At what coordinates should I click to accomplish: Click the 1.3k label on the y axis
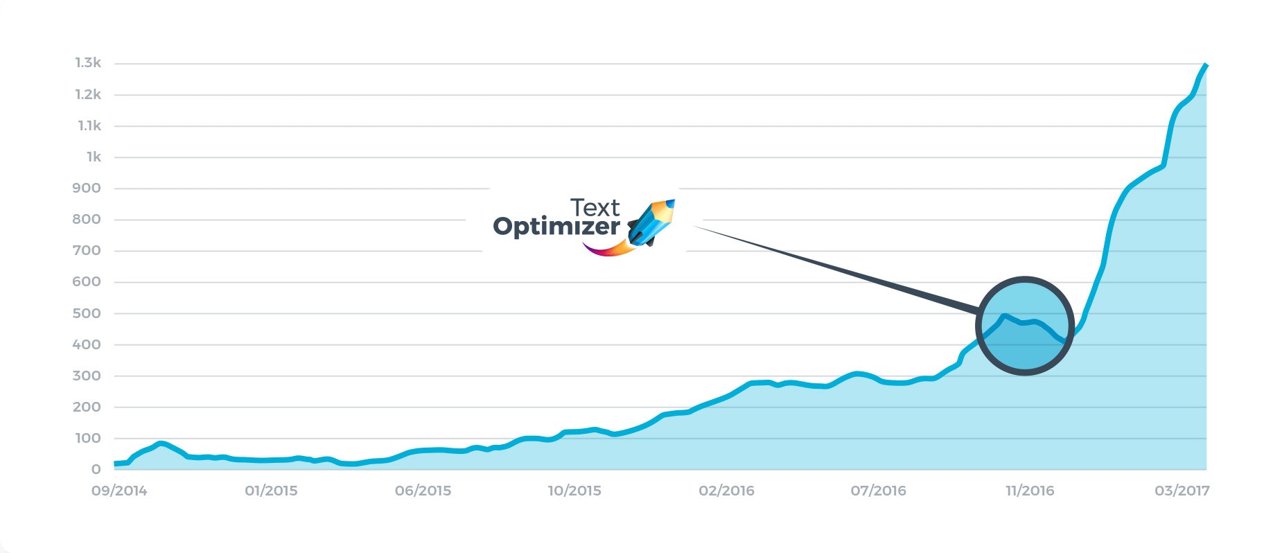pos(88,63)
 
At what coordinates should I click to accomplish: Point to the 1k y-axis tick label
pos(94,157)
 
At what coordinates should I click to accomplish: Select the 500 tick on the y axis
pos(87,313)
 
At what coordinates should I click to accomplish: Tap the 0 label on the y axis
pos(96,469)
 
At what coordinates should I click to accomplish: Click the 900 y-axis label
pos(87,188)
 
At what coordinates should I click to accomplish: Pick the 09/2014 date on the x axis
pos(119,491)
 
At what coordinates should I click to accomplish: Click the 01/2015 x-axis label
pos(271,491)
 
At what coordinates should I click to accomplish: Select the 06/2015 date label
pos(423,491)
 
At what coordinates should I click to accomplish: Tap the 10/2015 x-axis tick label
pos(574,491)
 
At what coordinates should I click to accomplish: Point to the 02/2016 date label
pos(726,491)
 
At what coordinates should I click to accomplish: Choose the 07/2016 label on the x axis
pos(878,491)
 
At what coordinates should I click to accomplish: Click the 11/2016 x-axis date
pos(1030,491)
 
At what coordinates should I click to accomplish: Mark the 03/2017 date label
pos(1182,491)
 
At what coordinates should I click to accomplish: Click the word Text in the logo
pos(595,208)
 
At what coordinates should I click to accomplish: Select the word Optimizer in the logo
pos(556,227)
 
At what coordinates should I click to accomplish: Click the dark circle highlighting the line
pos(1025,326)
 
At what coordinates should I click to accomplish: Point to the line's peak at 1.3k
pos(1205,65)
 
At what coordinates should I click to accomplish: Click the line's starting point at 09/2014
pos(115,464)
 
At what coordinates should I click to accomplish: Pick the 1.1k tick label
pos(89,126)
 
